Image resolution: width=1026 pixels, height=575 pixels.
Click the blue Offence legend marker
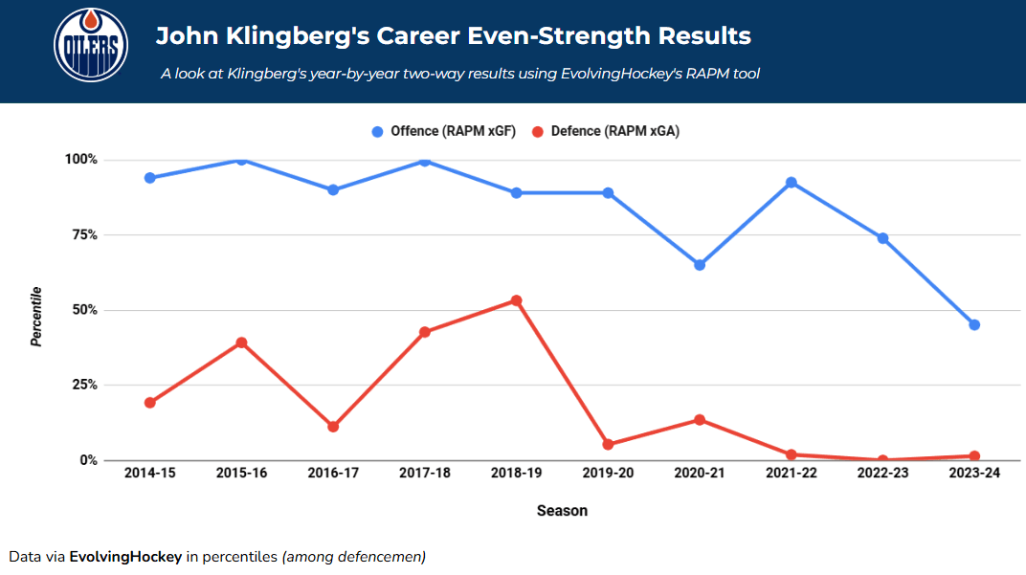point(377,132)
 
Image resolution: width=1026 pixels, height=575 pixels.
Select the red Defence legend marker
point(538,132)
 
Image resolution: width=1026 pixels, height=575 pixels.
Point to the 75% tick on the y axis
point(81,234)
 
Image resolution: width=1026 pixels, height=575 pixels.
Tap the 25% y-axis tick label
point(81,385)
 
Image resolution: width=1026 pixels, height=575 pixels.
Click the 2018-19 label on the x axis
point(516,474)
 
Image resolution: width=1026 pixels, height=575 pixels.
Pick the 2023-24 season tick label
point(973,474)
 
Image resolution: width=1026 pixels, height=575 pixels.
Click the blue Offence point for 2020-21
point(700,265)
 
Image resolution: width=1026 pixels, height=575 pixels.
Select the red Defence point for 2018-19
point(516,300)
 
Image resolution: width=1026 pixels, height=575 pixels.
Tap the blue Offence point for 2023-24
point(974,324)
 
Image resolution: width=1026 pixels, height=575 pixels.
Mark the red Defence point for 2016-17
point(333,427)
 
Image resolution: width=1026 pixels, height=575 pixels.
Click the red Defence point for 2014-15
point(150,403)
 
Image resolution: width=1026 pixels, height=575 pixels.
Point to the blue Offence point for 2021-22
point(792,182)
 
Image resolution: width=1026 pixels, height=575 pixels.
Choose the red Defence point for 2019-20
point(608,445)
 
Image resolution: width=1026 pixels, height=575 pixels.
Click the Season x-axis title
point(562,511)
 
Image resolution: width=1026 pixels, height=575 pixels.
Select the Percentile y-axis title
point(36,316)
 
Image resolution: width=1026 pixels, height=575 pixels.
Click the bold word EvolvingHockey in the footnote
point(124,556)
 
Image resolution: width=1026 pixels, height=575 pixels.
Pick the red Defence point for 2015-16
point(241,343)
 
